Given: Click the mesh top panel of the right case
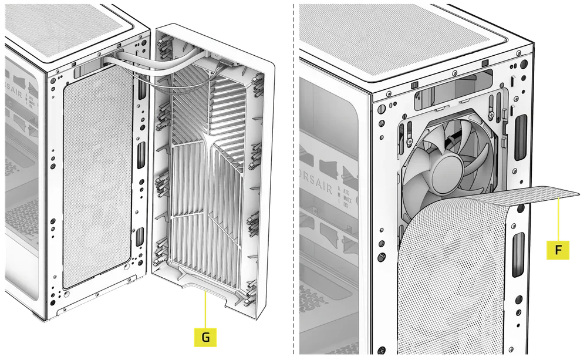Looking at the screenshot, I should click(411, 35).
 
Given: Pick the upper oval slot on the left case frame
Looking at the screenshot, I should click(141, 154).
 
